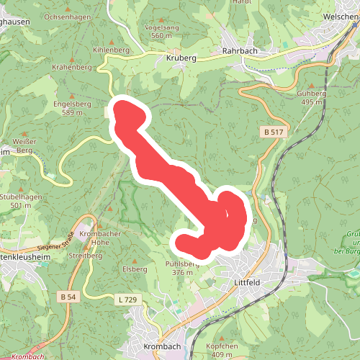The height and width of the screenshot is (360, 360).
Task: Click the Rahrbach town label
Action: [x=240, y=51]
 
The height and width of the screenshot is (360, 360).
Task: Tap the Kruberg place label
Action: [x=181, y=58]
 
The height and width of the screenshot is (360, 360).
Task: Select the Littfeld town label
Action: [x=248, y=283]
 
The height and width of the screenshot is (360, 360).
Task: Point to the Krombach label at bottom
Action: [x=161, y=346]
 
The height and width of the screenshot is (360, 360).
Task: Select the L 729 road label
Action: [x=126, y=299]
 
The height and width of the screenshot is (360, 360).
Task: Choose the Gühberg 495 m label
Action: [x=310, y=98]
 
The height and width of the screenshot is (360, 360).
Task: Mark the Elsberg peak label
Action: [x=135, y=269]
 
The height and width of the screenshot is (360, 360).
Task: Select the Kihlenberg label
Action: [x=111, y=50]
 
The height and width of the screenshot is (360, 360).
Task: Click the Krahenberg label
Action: [x=72, y=66]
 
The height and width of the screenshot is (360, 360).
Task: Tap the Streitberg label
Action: [x=83, y=255]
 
